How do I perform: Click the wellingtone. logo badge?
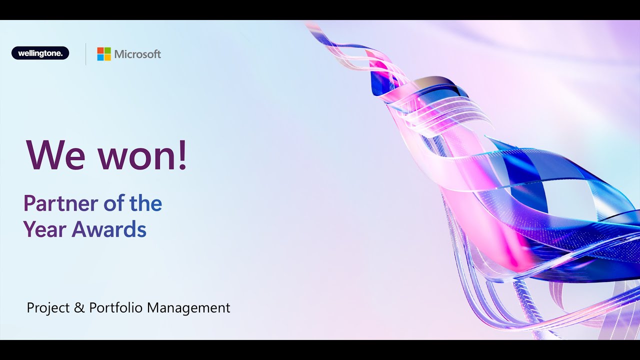click(40, 53)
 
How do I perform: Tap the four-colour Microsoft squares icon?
click(104, 54)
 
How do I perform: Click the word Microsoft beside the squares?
click(137, 54)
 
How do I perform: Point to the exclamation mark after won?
click(182, 154)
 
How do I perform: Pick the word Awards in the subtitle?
click(109, 229)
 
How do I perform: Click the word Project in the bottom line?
click(48, 308)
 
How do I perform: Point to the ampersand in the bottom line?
click(79, 308)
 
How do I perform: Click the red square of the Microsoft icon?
click(100, 50)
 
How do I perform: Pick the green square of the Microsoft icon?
click(107, 50)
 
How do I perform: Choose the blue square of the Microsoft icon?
click(100, 57)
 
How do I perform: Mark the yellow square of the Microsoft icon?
click(107, 57)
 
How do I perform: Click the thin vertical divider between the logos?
click(85, 54)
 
